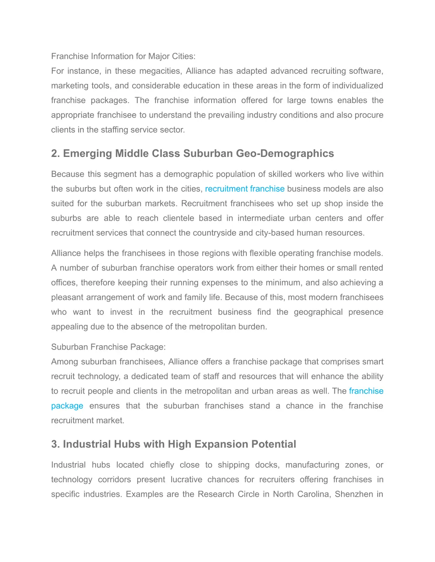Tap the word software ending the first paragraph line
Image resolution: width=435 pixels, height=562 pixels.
pyautogui.click(x=366, y=71)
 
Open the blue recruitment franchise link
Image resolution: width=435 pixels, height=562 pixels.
pyautogui.click(x=245, y=189)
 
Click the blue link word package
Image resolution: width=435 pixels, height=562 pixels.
pyautogui.click(x=67, y=406)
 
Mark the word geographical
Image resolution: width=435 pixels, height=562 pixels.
pyautogui.click(x=318, y=312)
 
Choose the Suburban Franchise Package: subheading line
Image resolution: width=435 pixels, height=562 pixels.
pyautogui.click(x=108, y=347)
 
